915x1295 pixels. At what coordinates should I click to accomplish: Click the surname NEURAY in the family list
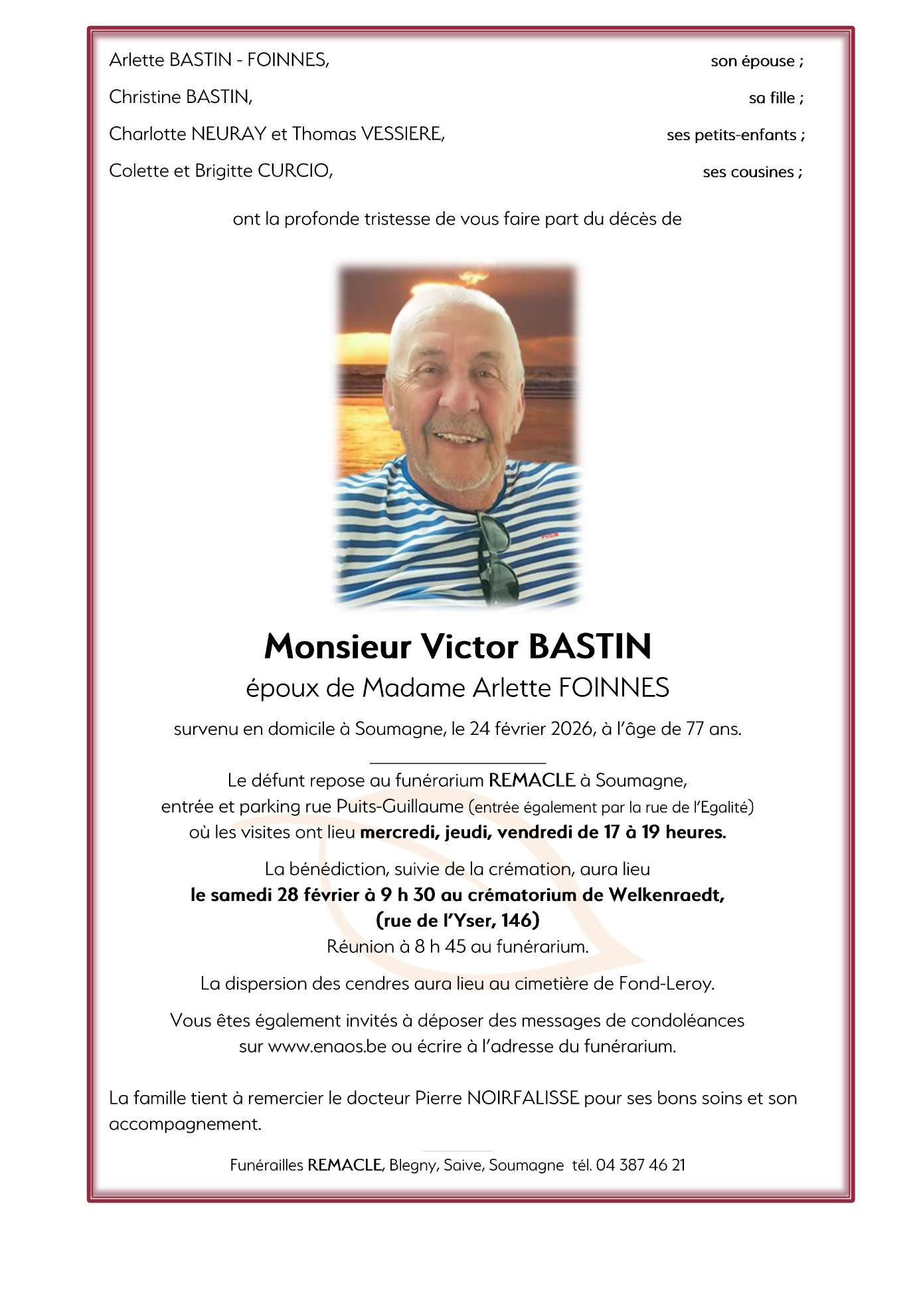pos(228,134)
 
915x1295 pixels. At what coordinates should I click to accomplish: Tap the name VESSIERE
pos(402,134)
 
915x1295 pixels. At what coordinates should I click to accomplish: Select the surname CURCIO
pos(294,171)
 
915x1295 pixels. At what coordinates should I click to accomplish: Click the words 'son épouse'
pos(752,61)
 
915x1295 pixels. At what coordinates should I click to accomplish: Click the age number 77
pos(695,729)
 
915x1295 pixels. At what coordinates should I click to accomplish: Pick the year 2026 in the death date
pos(571,729)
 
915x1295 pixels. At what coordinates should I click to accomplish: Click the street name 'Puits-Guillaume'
pos(400,807)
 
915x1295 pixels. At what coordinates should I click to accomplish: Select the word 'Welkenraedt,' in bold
pos(667,895)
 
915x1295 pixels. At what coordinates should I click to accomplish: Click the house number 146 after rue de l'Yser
pos(520,921)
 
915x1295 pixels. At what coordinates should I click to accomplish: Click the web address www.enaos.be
pos(327,1046)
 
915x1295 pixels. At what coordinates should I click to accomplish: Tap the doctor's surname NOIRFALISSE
pos(523,1098)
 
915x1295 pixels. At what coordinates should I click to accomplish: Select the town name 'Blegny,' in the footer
pos(414,1165)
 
